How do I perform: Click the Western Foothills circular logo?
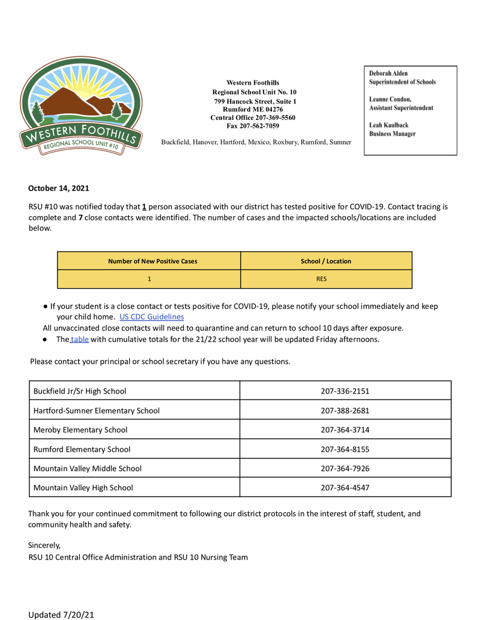[x=81, y=106]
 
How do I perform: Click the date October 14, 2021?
[x=59, y=188]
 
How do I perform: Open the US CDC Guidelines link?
[x=151, y=317]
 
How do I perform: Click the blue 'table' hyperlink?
[x=80, y=340]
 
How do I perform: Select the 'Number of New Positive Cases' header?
[x=153, y=261]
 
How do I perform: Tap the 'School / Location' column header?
[x=326, y=261]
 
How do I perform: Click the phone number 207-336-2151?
[x=345, y=391]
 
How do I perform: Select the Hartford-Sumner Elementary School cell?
[x=97, y=411]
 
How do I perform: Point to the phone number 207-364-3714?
[x=345, y=430]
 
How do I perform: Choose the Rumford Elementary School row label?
[x=82, y=449]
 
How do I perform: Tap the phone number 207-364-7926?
[x=345, y=469]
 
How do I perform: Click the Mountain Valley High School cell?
[x=83, y=487]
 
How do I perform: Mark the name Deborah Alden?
[x=389, y=74]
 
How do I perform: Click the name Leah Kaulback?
[x=389, y=125]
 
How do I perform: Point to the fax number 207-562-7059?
[x=253, y=126]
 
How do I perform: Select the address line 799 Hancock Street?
[x=255, y=101]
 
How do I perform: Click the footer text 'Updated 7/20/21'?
[x=61, y=615]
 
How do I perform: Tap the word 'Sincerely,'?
[x=44, y=545]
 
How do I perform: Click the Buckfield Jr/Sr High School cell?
[x=80, y=391]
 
